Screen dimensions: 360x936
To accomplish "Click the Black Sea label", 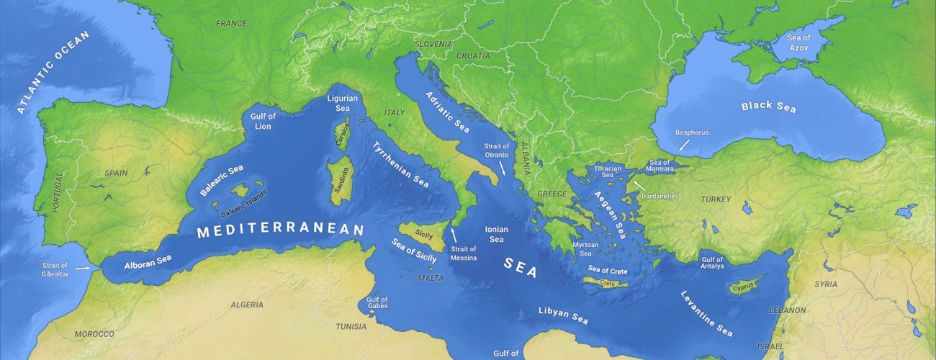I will (769, 107).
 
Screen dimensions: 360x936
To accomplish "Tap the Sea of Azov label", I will (798, 42).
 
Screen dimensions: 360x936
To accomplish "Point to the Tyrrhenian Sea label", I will (400, 164).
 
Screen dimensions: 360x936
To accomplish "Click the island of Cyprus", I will (743, 287).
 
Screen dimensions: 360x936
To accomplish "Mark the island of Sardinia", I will (336, 177).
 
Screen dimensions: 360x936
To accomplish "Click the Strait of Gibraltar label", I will (55, 269).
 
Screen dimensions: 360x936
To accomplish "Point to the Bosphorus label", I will (692, 132).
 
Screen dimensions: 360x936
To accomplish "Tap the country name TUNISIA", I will (351, 326).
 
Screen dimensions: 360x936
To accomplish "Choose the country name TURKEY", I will (716, 199).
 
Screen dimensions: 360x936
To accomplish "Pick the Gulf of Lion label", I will (263, 121).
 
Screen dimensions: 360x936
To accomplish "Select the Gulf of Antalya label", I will (712, 264).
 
